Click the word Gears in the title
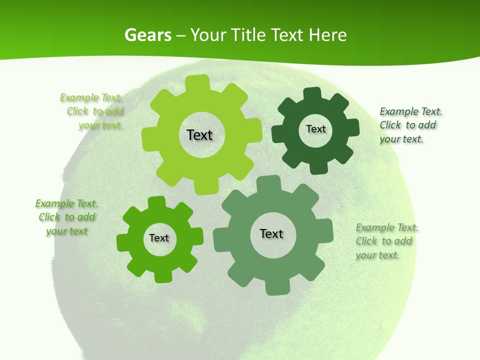tap(148, 35)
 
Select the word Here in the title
tap(327, 35)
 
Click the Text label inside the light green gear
tap(199, 135)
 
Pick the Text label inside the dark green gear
tap(315, 129)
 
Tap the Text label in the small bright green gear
tap(159, 238)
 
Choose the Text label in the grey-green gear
tap(271, 233)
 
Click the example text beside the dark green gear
tap(410, 125)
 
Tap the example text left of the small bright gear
tap(66, 217)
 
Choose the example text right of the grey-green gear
tap(386, 241)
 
